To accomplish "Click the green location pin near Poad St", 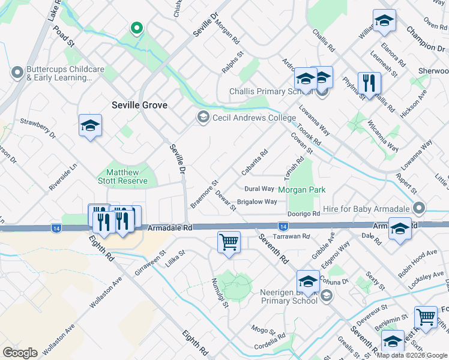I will pos(137,28).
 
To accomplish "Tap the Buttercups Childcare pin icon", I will pos(16,73).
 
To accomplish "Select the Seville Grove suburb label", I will pos(139,105).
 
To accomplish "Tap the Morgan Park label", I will pos(301,190).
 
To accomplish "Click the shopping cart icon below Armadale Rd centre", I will pos(229,243).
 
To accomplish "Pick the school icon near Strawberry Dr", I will pos(90,125).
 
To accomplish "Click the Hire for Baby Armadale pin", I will pos(419,208).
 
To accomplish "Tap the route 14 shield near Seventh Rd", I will pos(282,226).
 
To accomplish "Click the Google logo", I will pos(20,352).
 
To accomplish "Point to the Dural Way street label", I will pos(259,188).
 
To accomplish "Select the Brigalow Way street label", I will pos(257,202).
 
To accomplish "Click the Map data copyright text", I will pos(411,355).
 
